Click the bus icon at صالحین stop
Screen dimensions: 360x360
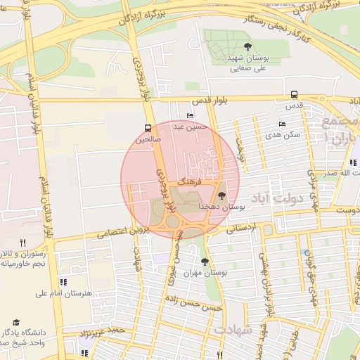(148, 128)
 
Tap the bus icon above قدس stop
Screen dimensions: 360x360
(294, 94)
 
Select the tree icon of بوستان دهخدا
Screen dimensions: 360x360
(222, 195)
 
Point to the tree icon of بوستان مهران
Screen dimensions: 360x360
(205, 262)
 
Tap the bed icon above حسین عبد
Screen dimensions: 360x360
(190, 117)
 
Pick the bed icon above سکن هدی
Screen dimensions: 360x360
(282, 124)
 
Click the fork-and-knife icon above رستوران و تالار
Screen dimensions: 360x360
(23, 242)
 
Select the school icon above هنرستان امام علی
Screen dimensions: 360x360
(64, 282)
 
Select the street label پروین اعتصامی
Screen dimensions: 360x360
(117, 232)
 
